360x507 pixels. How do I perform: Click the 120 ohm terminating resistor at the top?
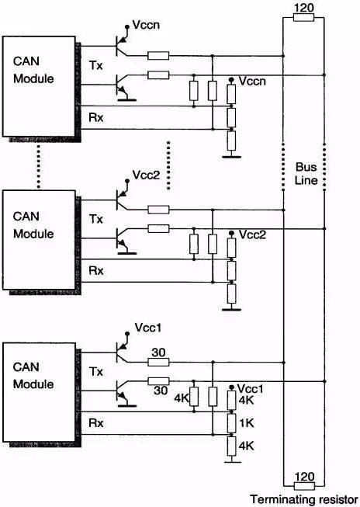[x=303, y=17]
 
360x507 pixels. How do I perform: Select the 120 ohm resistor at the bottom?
[x=304, y=486]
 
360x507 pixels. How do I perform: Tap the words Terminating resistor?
[x=304, y=499]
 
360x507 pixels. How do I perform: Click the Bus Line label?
[x=306, y=174]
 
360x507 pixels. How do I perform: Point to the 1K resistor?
[x=231, y=423]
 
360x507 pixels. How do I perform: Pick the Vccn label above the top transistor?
[x=146, y=25]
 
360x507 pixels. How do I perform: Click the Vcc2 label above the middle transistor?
[x=146, y=175]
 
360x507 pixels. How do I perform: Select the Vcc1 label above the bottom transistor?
[x=148, y=328]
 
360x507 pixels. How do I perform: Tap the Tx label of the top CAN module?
[x=96, y=66]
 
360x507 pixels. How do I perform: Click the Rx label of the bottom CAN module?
[x=96, y=423]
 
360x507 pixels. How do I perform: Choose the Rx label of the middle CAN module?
[x=96, y=270]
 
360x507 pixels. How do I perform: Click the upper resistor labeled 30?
[x=158, y=363]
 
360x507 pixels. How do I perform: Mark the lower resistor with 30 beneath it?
[x=158, y=381]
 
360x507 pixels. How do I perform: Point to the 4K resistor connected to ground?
[x=231, y=446]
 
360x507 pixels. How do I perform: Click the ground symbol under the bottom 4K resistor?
[x=231, y=461]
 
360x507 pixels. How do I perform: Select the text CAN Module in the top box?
[x=33, y=70]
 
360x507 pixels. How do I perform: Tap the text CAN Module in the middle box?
[x=33, y=225]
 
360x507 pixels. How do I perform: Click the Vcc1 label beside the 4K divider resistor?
[x=250, y=389]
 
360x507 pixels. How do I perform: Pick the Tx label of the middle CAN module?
[x=96, y=219]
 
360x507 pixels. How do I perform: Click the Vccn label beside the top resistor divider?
[x=252, y=82]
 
